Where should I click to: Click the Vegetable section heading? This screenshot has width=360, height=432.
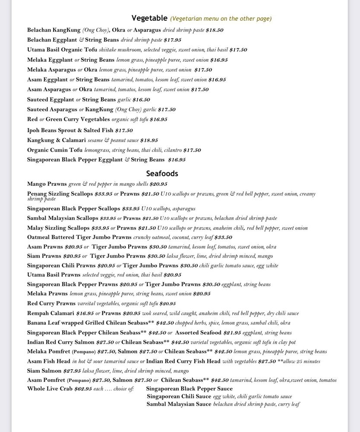(149, 18)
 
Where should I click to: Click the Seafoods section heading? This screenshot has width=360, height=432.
(162, 174)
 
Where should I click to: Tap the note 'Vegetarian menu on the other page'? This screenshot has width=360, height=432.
(221, 19)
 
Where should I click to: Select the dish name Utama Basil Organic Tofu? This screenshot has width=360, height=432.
(62, 50)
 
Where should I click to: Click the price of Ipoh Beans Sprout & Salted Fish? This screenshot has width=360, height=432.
(124, 130)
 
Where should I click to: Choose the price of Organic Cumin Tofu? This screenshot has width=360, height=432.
(192, 150)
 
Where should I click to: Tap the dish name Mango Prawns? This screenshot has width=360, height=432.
(47, 184)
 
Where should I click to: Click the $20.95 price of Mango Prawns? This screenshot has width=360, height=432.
(158, 184)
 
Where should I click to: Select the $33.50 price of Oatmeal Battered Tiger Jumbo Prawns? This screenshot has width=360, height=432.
(223, 238)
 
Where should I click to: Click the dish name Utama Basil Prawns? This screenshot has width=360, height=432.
(54, 275)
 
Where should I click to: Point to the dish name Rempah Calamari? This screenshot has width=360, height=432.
(51, 313)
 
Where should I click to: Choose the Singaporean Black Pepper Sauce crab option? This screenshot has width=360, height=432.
(189, 389)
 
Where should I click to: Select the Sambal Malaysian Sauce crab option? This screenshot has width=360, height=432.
(179, 404)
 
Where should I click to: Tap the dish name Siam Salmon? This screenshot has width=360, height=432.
(44, 371)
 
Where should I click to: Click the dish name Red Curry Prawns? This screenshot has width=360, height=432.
(51, 304)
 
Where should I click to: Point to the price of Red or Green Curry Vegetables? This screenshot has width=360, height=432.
(158, 120)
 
